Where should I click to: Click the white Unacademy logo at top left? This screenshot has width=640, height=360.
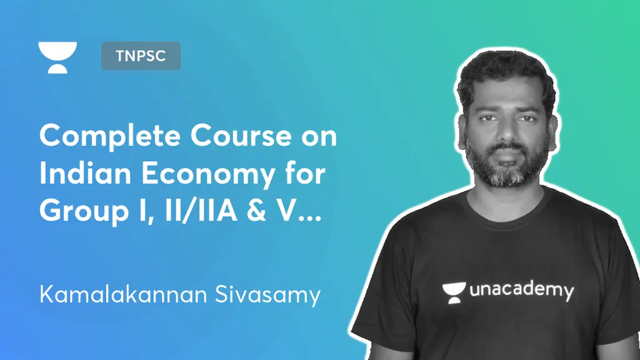click(x=57, y=57)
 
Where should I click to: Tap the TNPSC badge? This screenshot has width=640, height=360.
click(x=141, y=56)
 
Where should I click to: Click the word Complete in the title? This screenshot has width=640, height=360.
click(x=110, y=137)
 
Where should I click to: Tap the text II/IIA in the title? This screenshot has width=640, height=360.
click(x=201, y=211)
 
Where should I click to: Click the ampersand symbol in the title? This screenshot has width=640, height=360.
click(x=256, y=211)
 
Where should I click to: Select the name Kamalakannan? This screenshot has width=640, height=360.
click(x=123, y=294)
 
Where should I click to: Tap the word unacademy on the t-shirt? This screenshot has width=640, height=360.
click(x=522, y=290)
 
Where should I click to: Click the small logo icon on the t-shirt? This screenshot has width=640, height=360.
click(x=454, y=292)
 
